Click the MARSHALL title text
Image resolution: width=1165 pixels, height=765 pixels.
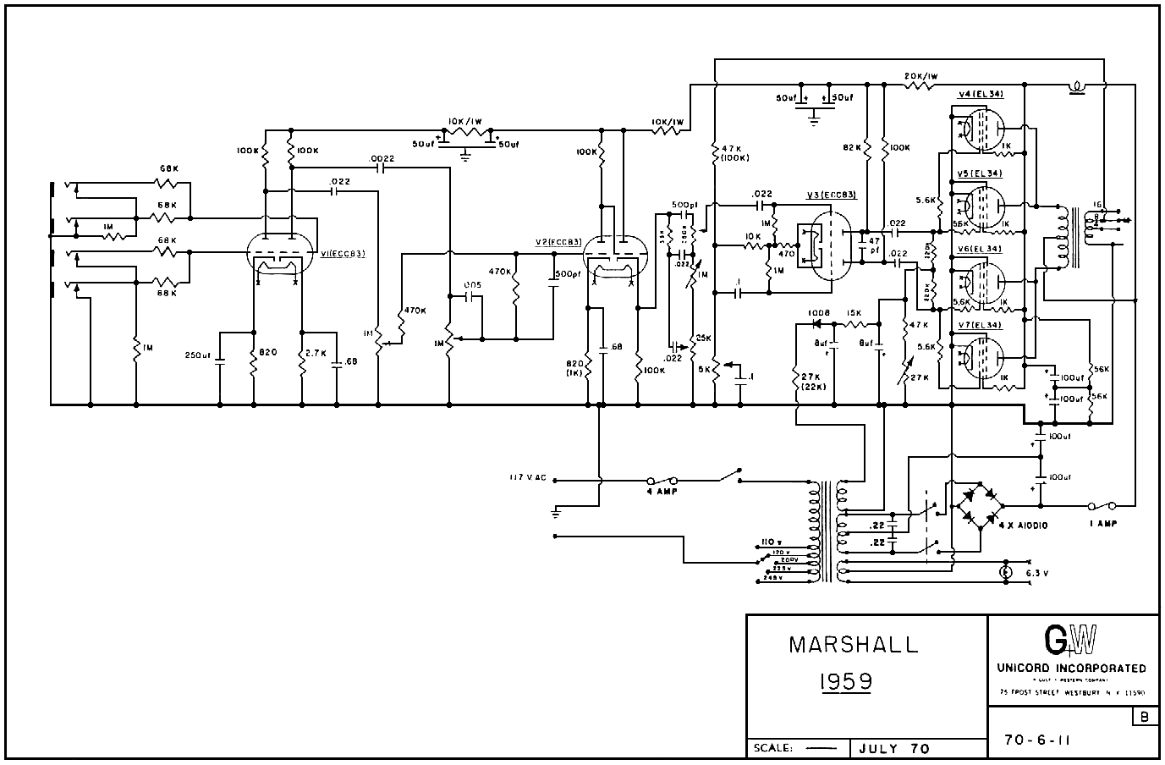[x=853, y=645]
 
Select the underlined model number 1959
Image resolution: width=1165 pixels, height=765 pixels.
[x=845, y=681]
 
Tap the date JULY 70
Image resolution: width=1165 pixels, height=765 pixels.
[x=893, y=748]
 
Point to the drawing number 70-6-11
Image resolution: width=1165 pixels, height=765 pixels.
[x=1037, y=740]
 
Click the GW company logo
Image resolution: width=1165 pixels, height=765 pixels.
[x=1070, y=641]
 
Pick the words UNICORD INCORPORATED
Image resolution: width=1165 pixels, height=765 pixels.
[x=1072, y=669]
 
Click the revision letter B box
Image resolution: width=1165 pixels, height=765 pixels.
[x=1145, y=718]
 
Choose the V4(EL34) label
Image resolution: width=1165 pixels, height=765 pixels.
[x=981, y=94]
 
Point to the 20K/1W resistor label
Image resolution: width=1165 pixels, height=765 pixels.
[x=921, y=76]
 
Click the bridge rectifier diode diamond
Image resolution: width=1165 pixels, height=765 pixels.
[x=979, y=505]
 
